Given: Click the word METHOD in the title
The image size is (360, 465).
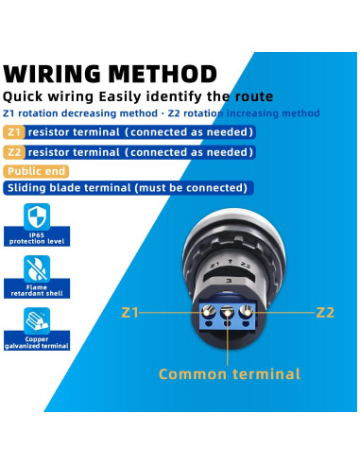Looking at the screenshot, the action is [163, 73].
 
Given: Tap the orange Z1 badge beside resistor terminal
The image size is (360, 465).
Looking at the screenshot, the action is [13, 133].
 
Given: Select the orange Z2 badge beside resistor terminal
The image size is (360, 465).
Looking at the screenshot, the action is [13, 151].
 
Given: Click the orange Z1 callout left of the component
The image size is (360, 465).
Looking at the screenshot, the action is [130, 310].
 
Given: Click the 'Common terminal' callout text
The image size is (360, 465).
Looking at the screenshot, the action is [229, 374].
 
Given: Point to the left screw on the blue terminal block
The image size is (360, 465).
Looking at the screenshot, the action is [204, 312].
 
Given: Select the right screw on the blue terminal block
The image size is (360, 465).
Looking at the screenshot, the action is [247, 311].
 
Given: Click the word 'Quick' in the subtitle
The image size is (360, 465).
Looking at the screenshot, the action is [26, 96].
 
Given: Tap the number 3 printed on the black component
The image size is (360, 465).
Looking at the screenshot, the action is [227, 280].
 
